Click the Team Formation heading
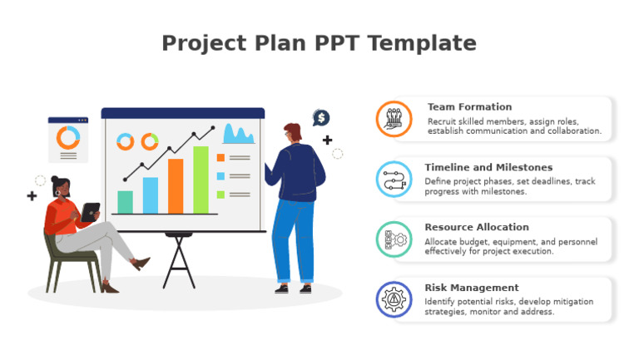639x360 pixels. [469, 107]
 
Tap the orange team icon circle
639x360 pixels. [394, 119]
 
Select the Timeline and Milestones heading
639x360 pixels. [488, 167]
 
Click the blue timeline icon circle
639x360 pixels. [394, 179]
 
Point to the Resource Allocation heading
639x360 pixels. [476, 227]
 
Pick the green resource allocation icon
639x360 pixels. [394, 239]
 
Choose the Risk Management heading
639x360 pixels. [471, 288]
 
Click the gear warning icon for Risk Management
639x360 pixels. [394, 299]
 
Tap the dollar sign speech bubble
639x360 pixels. [321, 118]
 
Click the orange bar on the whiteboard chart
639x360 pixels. [176, 186]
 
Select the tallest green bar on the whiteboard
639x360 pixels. [201, 180]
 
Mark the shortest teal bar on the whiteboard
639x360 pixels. [125, 202]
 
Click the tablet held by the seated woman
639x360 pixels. [90, 212]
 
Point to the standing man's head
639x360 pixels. [292, 133]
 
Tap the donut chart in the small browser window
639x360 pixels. [67, 137]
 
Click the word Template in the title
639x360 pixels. [429, 43]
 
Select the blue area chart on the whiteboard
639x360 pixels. [238, 135]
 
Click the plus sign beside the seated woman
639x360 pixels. [32, 196]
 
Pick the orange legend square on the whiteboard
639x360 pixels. [220, 157]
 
